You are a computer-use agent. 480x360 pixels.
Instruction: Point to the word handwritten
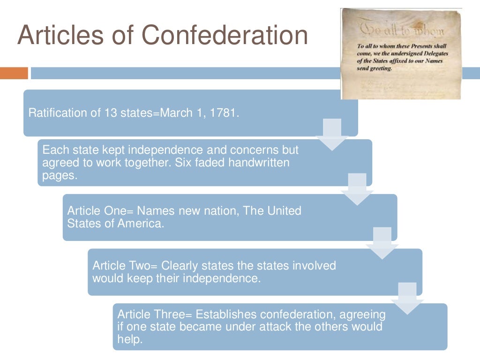click(x=262, y=163)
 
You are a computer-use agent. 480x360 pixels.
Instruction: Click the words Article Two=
click(x=125, y=266)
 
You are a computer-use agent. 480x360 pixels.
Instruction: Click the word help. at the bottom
click(x=129, y=338)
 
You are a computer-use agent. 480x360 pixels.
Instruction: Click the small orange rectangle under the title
click(x=14, y=73)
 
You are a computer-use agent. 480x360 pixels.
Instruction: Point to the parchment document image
click(x=400, y=53)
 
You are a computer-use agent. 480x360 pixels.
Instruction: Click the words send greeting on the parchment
click(x=374, y=68)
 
